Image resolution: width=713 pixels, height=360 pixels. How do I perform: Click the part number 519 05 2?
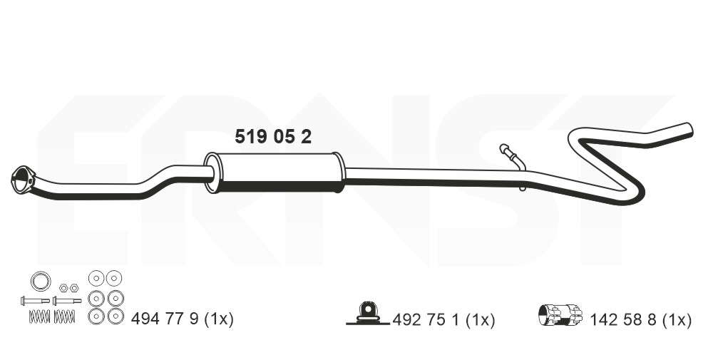[273, 136]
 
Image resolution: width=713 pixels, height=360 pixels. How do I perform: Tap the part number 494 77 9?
[165, 319]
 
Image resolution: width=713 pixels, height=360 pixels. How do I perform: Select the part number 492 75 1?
[426, 320]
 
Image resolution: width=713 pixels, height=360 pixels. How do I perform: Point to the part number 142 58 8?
[623, 320]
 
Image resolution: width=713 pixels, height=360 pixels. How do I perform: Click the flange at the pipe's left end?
[22, 180]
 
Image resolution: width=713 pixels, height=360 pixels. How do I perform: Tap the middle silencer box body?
[275, 173]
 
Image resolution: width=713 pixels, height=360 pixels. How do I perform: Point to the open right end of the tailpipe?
[689, 128]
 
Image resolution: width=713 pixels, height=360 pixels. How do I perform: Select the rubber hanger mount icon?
[367, 313]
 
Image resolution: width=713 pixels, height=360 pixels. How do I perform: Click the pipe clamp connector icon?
[560, 314]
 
